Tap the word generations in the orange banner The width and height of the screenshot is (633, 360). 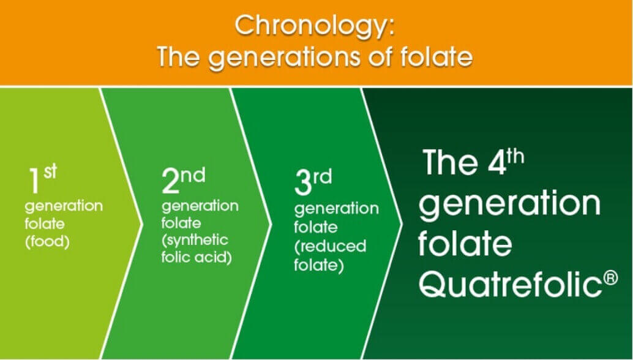click(284, 58)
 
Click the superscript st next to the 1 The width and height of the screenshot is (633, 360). click(50, 171)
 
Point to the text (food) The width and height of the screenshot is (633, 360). click(47, 242)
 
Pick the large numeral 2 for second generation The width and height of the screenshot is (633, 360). click(170, 181)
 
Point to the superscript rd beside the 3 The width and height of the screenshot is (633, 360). click(322, 178)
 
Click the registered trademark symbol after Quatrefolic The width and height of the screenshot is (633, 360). click(612, 278)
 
